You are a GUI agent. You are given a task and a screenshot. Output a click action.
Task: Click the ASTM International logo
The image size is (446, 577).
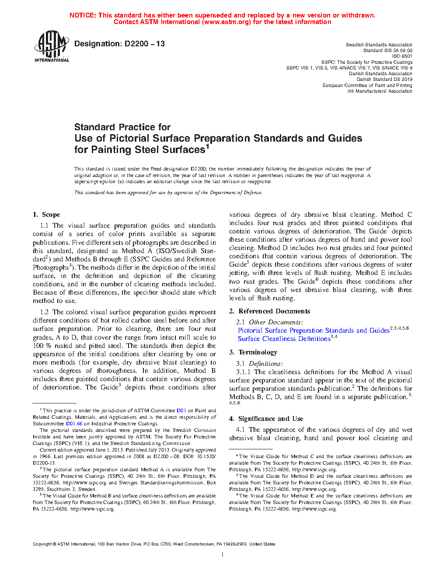pyautogui.click(x=52, y=46)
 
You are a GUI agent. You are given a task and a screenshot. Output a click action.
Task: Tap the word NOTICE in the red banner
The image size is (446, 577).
pyautogui.click(x=83, y=15)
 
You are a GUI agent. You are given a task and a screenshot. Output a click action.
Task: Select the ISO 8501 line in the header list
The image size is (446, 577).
pyautogui.click(x=402, y=56)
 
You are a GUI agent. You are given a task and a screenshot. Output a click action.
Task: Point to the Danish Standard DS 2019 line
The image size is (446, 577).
pyautogui.click(x=384, y=80)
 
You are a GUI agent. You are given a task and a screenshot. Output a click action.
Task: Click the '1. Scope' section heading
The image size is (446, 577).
pyautogui.click(x=46, y=215)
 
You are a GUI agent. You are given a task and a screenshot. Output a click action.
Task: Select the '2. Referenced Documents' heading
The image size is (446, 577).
pyautogui.click(x=270, y=311)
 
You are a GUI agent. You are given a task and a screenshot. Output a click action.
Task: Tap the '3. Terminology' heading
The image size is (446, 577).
pyautogui.click(x=253, y=352)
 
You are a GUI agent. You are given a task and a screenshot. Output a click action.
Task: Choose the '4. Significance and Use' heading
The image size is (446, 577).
pyautogui.click(x=266, y=419)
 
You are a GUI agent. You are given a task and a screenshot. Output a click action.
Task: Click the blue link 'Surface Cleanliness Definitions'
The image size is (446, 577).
pyautogui.click(x=284, y=339)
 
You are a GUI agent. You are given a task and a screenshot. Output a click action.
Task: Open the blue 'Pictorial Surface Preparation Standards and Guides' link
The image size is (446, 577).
pyautogui.click(x=314, y=330)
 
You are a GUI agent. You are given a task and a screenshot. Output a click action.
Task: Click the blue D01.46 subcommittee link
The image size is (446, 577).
pyautogui.click(x=74, y=424)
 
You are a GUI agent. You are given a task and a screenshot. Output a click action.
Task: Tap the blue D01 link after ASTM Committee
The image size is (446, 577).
pyautogui.click(x=181, y=410)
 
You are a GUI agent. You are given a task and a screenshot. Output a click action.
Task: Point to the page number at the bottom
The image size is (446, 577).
pyautogui.click(x=223, y=555)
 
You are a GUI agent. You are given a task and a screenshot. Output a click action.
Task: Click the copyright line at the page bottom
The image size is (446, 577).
pyautogui.click(x=154, y=544)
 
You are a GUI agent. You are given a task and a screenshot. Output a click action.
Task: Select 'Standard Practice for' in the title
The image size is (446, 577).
pyautogui.click(x=122, y=127)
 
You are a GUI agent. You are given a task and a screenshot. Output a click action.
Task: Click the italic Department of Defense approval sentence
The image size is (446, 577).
pyautogui.click(x=168, y=192)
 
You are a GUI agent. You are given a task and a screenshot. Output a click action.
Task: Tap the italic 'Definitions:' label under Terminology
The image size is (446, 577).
pyautogui.click(x=266, y=364)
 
